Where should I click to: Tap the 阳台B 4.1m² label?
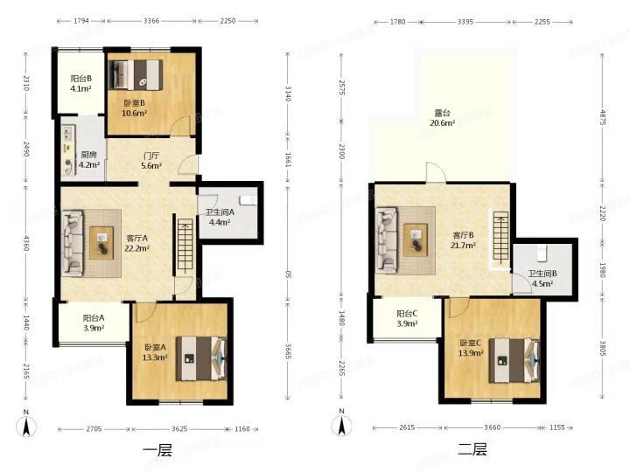(81, 84)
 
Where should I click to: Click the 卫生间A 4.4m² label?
(219, 217)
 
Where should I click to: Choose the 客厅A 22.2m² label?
(136, 242)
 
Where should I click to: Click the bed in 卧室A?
(203, 359)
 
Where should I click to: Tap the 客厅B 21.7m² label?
(464, 239)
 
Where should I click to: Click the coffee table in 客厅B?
(416, 234)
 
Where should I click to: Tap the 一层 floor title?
(157, 451)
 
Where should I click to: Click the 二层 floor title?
(472, 451)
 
